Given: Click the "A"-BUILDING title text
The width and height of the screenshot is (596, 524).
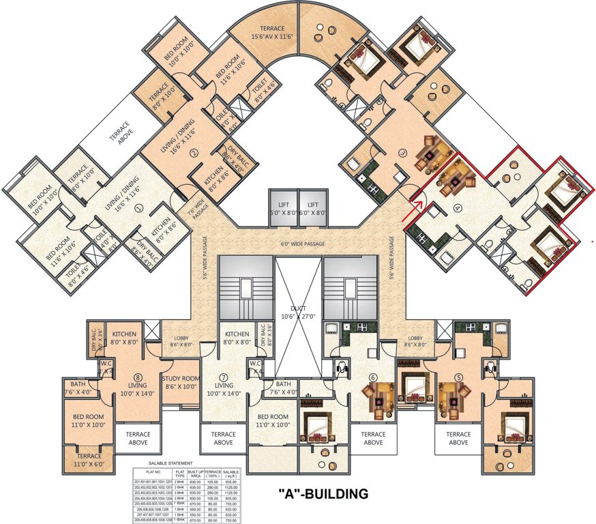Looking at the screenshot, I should [323, 493].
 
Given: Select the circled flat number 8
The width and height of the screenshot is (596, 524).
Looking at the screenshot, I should [138, 377].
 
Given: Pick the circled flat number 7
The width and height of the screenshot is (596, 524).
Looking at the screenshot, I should [223, 377].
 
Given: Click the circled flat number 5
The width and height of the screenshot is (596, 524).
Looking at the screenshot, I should [458, 377].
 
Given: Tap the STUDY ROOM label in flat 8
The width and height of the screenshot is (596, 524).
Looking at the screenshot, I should [180, 382].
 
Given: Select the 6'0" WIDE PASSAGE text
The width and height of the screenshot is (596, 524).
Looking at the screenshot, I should [300, 243].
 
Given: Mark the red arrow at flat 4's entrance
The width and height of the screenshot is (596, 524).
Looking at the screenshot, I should [416, 199].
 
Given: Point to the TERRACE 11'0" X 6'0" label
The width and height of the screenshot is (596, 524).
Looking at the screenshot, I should [89, 459].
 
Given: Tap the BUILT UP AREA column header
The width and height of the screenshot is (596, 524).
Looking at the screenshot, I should [197, 472].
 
